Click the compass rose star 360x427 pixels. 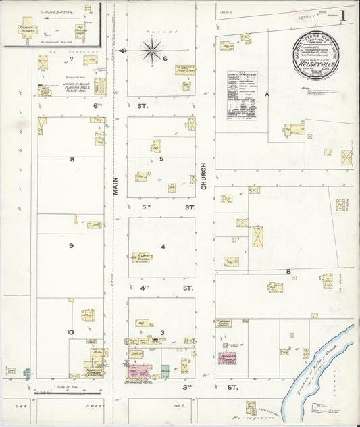(153, 51)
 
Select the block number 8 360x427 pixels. (71, 159)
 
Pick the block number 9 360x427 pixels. (70, 246)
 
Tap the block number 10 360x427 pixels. (70, 332)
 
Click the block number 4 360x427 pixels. (162, 246)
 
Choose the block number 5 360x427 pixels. (161, 159)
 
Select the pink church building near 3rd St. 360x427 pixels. (227, 357)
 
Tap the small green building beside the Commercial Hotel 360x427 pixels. (165, 370)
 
